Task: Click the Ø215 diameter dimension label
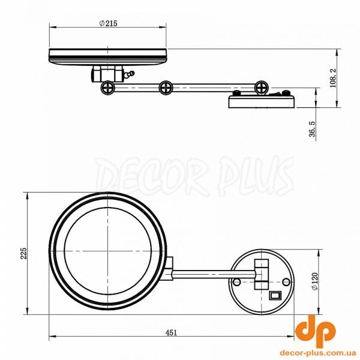(x=108, y=23)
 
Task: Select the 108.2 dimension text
(x=332, y=78)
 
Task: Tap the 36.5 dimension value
(x=312, y=129)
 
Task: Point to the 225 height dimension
(x=24, y=253)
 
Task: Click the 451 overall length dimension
(x=171, y=332)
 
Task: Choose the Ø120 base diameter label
(x=314, y=282)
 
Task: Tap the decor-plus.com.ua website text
(x=318, y=352)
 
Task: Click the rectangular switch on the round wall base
(x=275, y=295)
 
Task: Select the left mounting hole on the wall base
(x=237, y=282)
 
